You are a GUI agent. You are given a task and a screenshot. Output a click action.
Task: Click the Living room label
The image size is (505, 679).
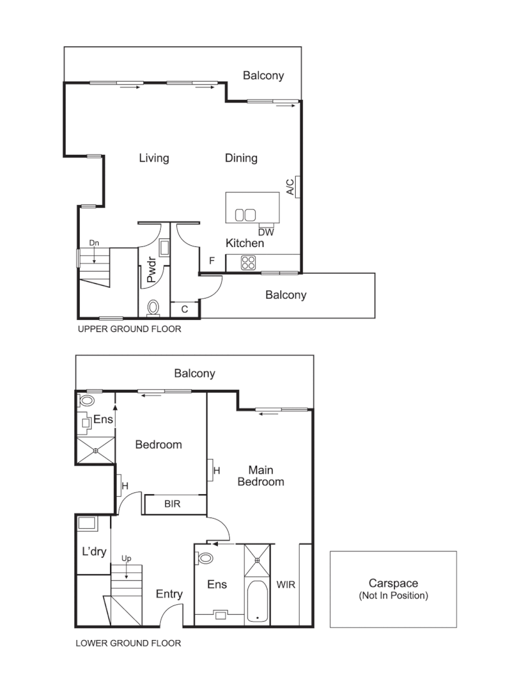coord(154,158)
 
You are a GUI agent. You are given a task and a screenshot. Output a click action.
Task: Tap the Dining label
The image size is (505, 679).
coord(241,158)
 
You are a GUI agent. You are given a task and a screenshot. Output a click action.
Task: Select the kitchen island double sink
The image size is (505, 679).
coord(246,215)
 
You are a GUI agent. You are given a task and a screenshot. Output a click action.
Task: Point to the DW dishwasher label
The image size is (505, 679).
coord(265,232)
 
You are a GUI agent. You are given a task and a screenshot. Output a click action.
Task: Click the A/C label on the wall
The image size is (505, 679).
coord(290,187)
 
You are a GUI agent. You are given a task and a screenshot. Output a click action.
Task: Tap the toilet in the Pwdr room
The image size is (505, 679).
coord(153,307)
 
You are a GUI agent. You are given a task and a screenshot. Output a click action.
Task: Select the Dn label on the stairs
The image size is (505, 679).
coord(94,243)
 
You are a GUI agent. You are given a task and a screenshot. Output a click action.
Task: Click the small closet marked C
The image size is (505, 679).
coord(185,309)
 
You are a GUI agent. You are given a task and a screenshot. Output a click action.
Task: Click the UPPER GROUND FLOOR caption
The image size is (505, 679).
coord(129,329)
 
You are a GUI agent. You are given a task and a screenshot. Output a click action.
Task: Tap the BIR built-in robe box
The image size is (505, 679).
coord(174,504)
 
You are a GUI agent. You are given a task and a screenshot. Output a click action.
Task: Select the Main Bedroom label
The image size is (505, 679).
coord(266,475)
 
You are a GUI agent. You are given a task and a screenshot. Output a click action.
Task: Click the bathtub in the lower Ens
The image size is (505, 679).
coord(257,602)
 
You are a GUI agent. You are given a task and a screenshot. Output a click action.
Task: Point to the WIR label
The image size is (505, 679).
coord(286,584)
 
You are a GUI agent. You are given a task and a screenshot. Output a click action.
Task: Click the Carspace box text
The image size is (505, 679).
coord(393,589)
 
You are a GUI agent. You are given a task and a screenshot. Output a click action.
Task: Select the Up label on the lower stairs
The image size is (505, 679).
coord(126,558)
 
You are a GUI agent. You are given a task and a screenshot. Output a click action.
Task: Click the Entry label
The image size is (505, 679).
coord(169,594)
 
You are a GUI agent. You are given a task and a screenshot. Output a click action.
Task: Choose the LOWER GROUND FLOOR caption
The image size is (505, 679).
coord(128,643)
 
